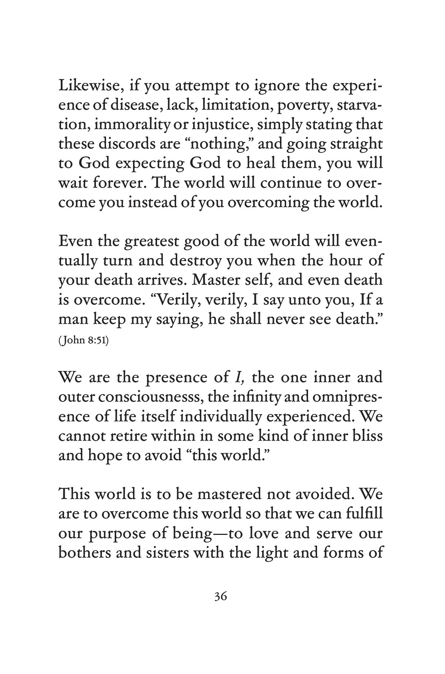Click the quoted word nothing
[x=217, y=145]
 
